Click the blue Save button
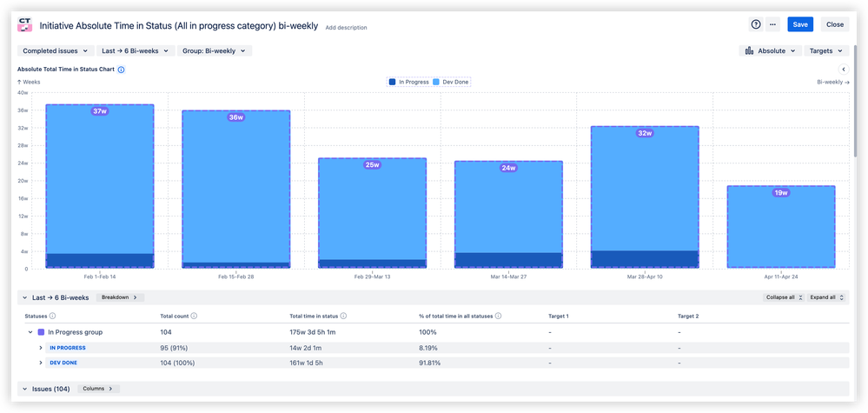pyautogui.click(x=800, y=24)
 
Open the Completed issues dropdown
pyautogui.click(x=56, y=51)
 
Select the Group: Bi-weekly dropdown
pyautogui.click(x=215, y=51)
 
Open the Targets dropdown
pyautogui.click(x=825, y=51)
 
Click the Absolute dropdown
pyautogui.click(x=771, y=51)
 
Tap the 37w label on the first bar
pyautogui.click(x=99, y=111)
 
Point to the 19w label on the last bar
pyautogui.click(x=780, y=192)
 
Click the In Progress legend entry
pyautogui.click(x=409, y=82)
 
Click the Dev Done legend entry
pyautogui.click(x=452, y=82)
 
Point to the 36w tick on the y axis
pyautogui.click(x=23, y=110)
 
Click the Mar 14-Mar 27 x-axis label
pyautogui.click(x=508, y=276)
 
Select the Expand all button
pyautogui.click(x=825, y=297)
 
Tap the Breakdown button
pyautogui.click(x=119, y=297)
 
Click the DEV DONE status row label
pyautogui.click(x=63, y=362)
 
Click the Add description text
pyautogui.click(x=346, y=28)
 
